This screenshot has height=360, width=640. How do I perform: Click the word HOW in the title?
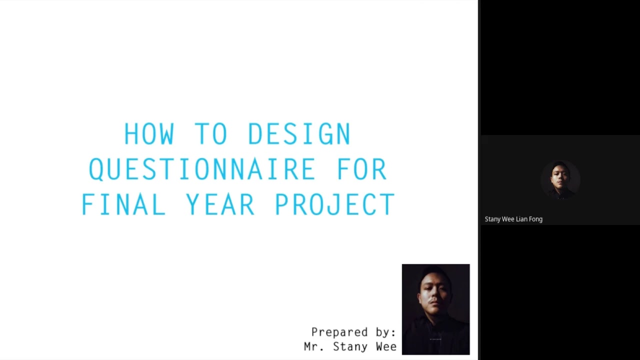click(x=149, y=134)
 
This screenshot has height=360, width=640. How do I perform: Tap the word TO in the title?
click(x=211, y=134)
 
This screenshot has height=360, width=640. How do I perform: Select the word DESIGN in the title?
click(x=299, y=134)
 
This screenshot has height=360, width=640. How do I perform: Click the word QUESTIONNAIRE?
click(x=202, y=169)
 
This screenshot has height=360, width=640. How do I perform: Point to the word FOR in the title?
click(x=361, y=169)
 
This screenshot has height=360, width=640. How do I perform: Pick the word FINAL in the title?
click(x=123, y=204)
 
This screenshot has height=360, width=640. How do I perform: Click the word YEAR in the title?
click(x=220, y=204)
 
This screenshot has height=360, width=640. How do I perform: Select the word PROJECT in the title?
click(x=334, y=204)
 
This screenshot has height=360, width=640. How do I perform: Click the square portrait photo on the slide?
click(x=435, y=309)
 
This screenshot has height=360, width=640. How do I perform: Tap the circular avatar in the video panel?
click(x=560, y=179)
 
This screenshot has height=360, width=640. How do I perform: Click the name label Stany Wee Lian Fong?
click(x=513, y=219)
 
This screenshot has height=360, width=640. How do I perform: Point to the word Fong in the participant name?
click(x=535, y=219)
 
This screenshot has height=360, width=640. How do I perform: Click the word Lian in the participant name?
click(x=520, y=219)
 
